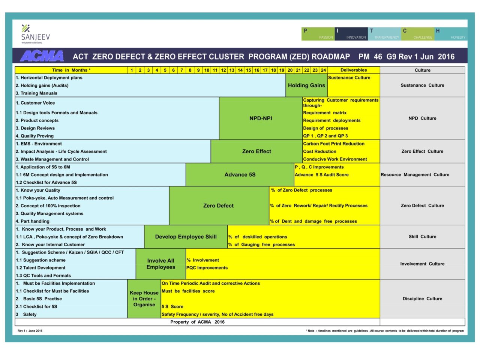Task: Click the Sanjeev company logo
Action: pos(35,34)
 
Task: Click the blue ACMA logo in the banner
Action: pos(42,56)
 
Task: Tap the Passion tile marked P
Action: pos(318,34)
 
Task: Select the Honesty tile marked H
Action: pos(451,34)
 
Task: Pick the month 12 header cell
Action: pos(223,70)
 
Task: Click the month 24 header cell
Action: pos(323,70)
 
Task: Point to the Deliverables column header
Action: pos(354,70)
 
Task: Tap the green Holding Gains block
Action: pos(306,85)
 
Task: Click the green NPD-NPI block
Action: pos(261,118)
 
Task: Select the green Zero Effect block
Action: pos(256,151)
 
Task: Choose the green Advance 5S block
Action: pos(240,175)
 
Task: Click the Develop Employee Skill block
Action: pos(186,237)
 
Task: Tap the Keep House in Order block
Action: pos(144,298)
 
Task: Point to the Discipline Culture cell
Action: pos(422,299)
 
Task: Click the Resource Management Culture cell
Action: pos(415,175)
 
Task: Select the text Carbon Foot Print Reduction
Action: pos(334,144)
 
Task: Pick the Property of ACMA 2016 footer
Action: pos(197,322)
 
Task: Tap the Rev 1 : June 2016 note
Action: pos(30,331)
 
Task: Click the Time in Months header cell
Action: pos(71,70)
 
